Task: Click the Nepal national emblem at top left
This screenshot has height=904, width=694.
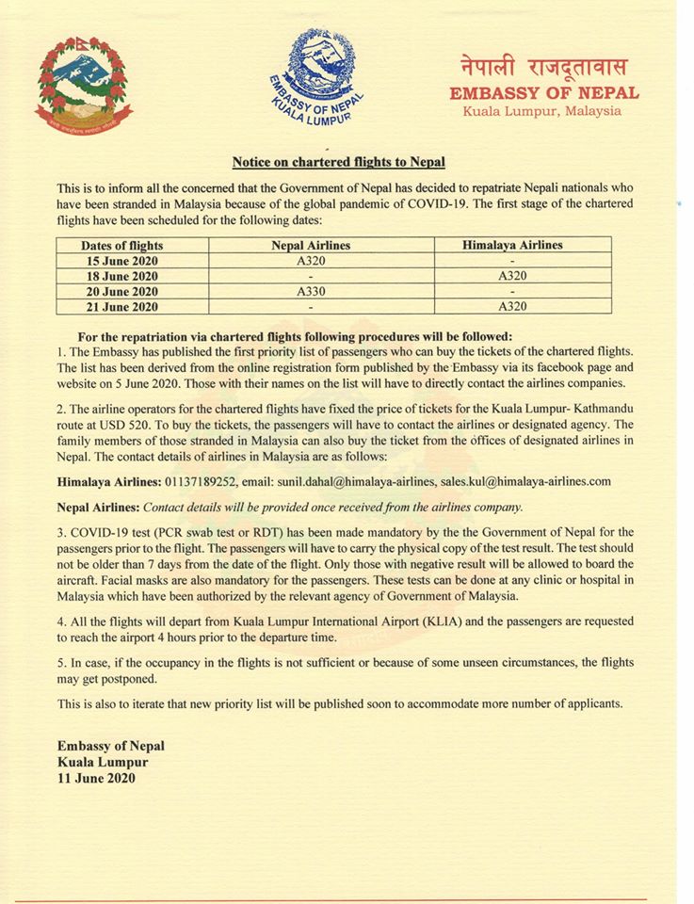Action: click(x=84, y=87)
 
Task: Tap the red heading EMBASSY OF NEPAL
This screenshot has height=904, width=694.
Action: click(x=544, y=93)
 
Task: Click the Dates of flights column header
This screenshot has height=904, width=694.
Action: click(x=118, y=245)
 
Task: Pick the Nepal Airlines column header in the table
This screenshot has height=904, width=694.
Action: click(x=310, y=245)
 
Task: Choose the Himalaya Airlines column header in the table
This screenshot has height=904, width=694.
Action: click(x=512, y=245)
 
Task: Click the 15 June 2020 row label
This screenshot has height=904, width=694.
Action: click(x=118, y=260)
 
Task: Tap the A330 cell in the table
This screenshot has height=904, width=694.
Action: click(x=310, y=291)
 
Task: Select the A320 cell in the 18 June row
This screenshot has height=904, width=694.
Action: click(x=512, y=276)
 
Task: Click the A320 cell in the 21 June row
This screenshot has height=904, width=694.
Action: click(x=512, y=307)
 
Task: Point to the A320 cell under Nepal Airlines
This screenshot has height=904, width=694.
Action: click(x=310, y=260)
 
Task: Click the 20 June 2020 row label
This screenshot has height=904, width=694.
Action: click(x=118, y=291)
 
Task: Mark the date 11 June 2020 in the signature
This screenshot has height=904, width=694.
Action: click(x=96, y=778)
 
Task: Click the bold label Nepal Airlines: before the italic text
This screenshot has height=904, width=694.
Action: click(x=101, y=507)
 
